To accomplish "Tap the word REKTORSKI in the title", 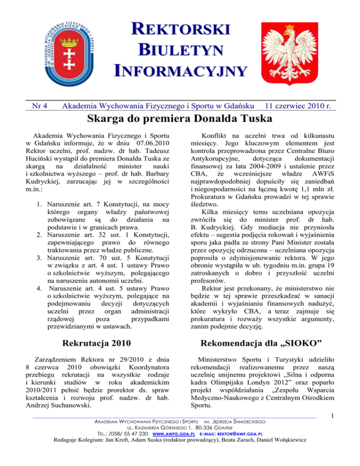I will [180, 29].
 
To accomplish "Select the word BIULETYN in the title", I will [180, 50].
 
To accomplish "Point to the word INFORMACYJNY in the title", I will [180, 71].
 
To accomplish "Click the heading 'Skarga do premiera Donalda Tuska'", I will [180, 122].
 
